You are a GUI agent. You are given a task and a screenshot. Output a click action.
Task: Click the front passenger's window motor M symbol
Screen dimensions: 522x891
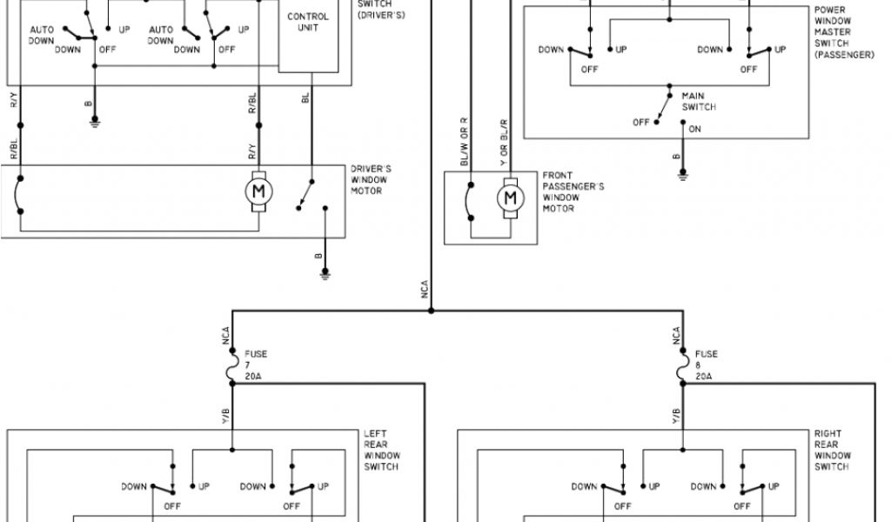click(x=510, y=198)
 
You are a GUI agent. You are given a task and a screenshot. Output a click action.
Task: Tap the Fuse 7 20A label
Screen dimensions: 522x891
click(x=256, y=365)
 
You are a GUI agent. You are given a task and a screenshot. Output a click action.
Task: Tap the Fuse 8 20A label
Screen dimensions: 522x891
click(x=706, y=365)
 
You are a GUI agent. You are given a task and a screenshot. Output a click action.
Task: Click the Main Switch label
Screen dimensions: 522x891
click(x=699, y=101)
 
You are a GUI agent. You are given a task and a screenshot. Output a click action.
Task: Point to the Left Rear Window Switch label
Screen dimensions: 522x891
click(x=381, y=450)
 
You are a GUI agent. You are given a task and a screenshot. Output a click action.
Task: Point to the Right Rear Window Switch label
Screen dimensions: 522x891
click(x=832, y=450)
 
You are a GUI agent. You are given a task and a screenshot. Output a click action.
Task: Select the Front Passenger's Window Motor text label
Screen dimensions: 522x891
click(x=573, y=191)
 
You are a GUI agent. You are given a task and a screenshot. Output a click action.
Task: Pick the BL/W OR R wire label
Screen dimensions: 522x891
click(x=465, y=141)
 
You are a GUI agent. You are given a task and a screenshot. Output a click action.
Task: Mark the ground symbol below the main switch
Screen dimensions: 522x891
click(x=683, y=174)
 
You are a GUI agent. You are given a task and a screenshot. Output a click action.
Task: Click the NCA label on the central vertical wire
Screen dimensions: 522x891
click(x=425, y=290)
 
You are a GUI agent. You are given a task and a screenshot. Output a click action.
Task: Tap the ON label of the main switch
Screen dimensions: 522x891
click(x=694, y=130)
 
